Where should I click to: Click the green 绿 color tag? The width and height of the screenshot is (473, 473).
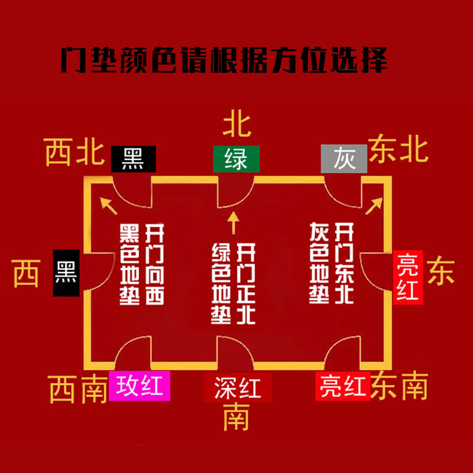click(236, 159)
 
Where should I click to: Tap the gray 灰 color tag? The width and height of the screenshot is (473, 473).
click(344, 159)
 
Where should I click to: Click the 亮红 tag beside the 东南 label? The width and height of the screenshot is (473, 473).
click(342, 388)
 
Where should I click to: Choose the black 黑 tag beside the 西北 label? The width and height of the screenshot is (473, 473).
click(134, 159)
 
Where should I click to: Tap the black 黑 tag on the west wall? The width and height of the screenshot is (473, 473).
click(66, 273)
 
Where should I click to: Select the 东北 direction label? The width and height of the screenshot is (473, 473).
click(399, 150)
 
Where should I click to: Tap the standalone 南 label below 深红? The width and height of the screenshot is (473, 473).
click(236, 417)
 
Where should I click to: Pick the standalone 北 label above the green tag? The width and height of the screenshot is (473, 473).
click(237, 125)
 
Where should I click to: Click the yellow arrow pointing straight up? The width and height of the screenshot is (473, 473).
click(234, 222)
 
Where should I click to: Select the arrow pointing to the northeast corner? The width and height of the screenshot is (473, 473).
click(374, 205)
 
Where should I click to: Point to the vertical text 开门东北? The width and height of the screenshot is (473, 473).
click(344, 263)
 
